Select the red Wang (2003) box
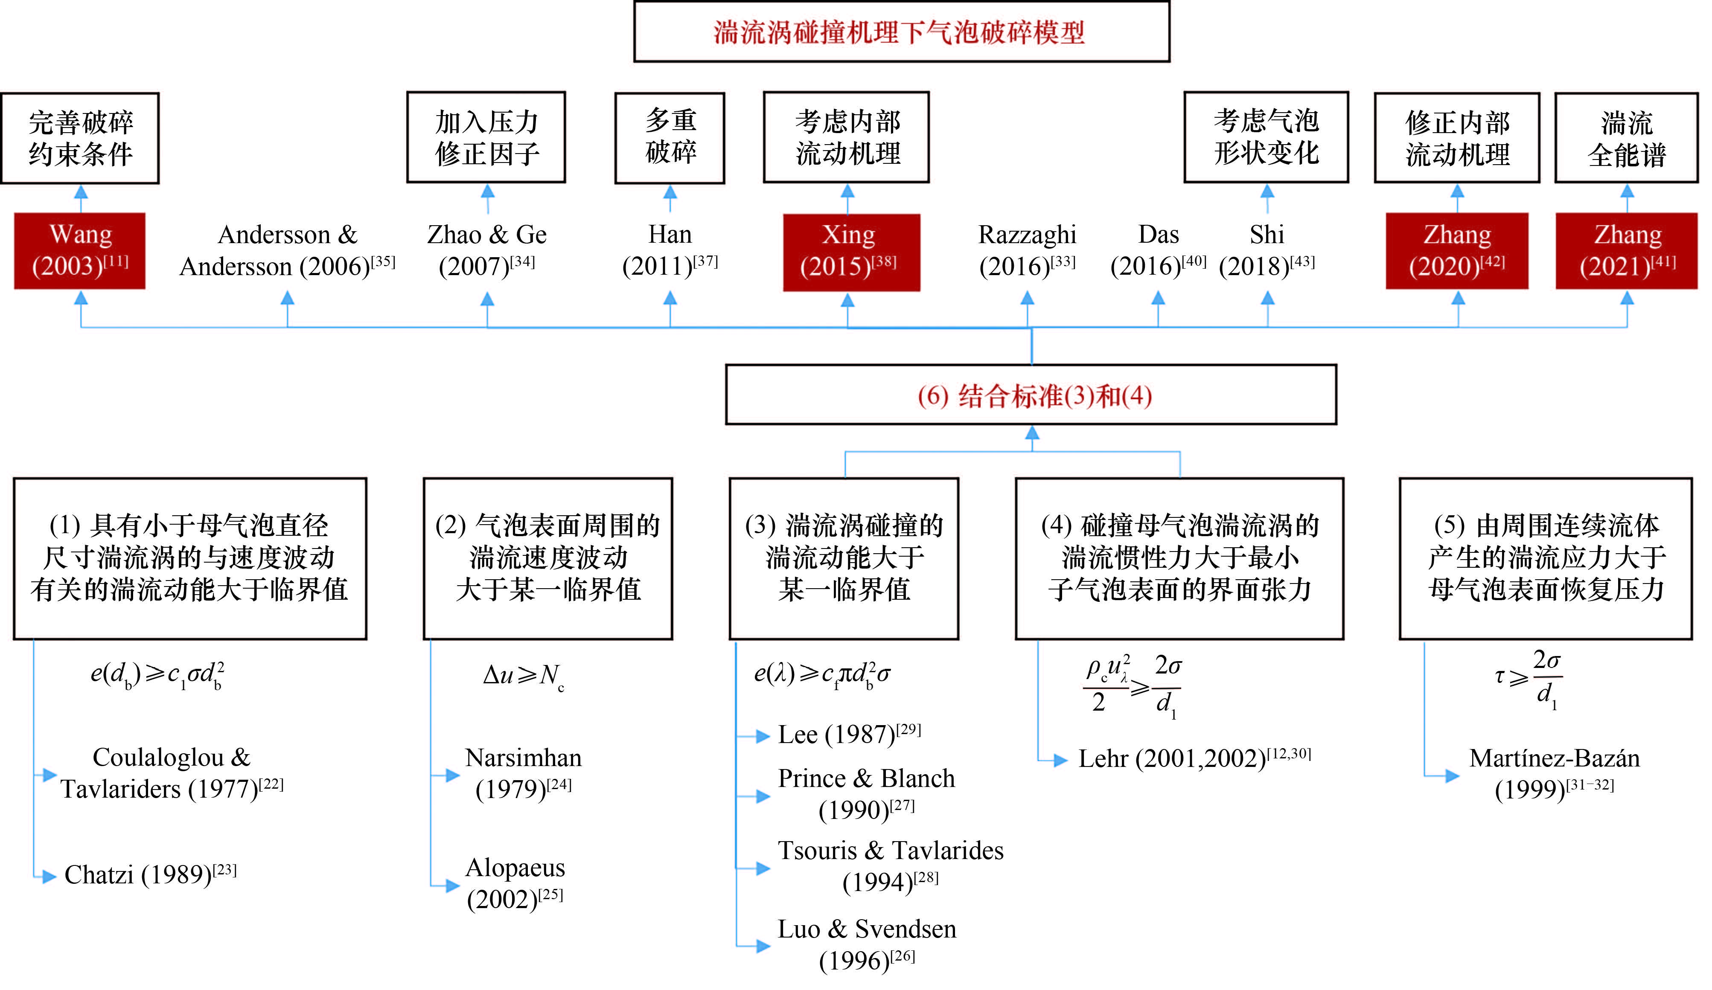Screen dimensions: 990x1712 point(80,250)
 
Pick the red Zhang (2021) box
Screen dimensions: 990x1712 point(1626,250)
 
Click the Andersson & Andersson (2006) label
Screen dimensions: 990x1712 point(287,250)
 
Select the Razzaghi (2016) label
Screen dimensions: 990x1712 point(1027,250)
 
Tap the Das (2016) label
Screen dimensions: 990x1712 point(1158,250)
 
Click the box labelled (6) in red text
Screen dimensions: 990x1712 point(1031,395)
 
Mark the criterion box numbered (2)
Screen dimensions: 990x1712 point(547,558)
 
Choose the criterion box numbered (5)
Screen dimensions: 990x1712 point(1545,558)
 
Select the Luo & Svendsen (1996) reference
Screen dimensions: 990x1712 point(867,944)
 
